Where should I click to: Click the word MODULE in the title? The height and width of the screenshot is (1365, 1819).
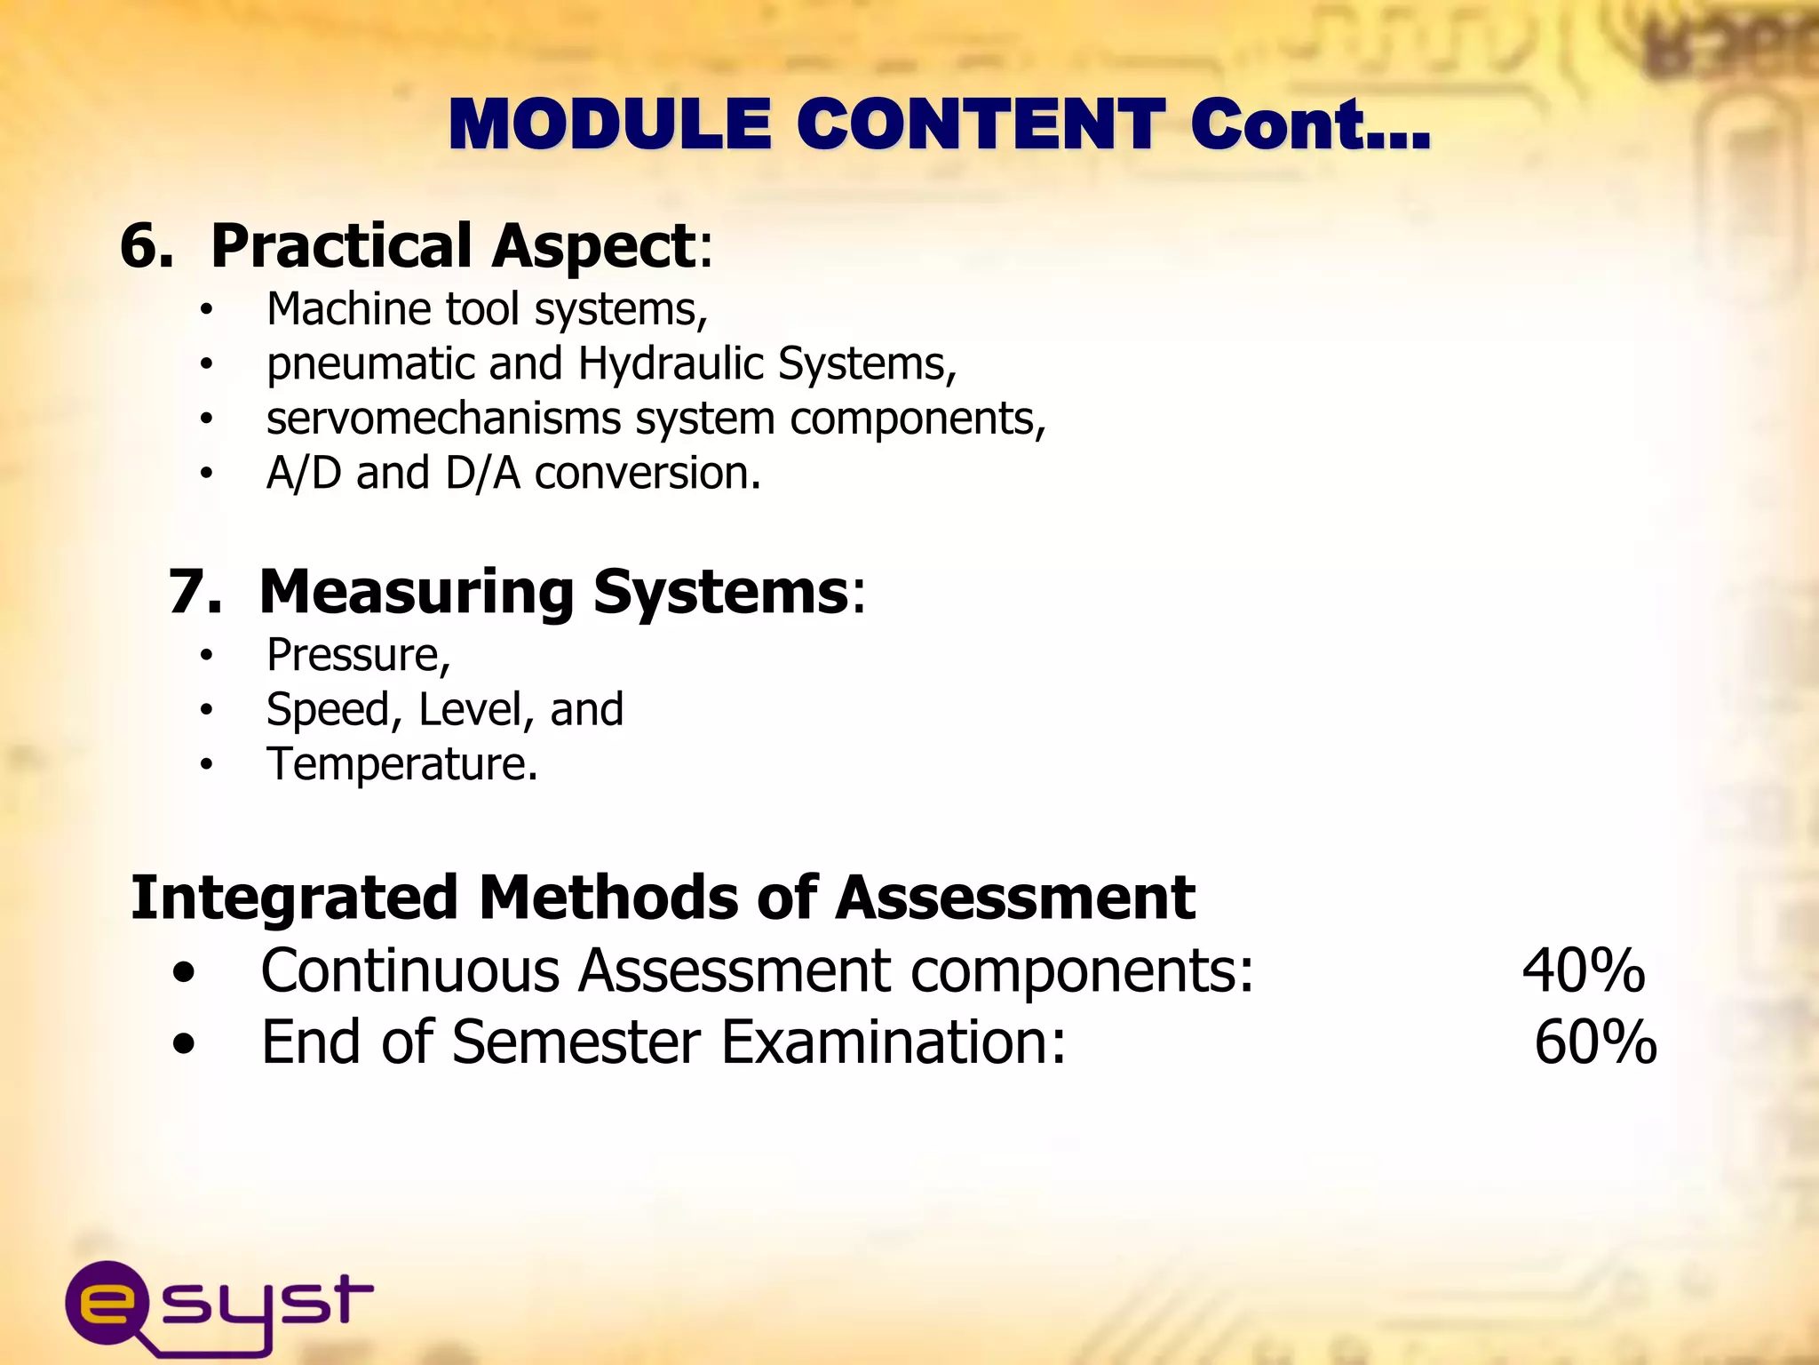[610, 124]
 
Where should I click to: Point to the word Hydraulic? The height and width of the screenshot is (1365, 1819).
[671, 363]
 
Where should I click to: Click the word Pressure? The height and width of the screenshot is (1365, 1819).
[353, 656]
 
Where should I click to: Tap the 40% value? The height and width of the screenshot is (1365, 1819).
[1583, 970]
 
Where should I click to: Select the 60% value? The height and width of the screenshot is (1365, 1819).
[1595, 1042]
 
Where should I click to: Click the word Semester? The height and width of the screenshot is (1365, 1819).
[576, 1042]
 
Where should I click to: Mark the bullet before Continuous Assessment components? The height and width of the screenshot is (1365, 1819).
[184, 972]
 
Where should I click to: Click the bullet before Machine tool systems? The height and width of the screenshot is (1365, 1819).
[206, 310]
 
